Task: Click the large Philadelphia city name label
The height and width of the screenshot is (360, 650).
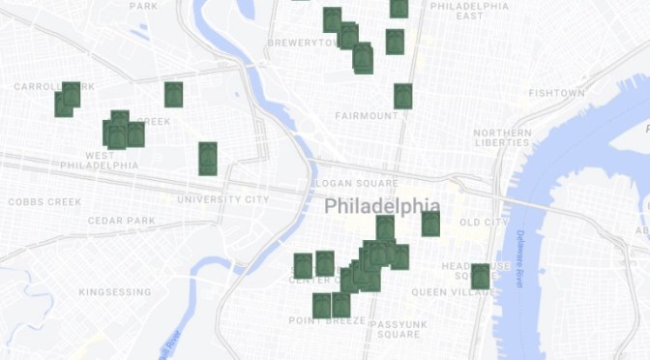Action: coord(381,207)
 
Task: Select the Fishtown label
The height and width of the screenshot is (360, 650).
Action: coord(556,93)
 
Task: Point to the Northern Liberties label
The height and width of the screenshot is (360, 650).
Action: coord(502,137)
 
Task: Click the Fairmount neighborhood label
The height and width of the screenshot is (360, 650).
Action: coord(367,116)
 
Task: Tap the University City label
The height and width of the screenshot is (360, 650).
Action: coord(222,199)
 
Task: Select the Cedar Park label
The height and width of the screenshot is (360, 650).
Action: coord(121,221)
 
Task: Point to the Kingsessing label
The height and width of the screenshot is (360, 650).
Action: coord(115,291)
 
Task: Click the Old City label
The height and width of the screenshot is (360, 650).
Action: coord(483,223)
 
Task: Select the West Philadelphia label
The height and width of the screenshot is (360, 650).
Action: coord(99,160)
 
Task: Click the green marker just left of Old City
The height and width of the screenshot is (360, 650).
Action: coord(430,224)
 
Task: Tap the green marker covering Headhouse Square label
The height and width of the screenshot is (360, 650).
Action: coord(480,276)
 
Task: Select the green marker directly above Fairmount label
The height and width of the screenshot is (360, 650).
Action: coord(402,96)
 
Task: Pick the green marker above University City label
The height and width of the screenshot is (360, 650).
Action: coord(207,158)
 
